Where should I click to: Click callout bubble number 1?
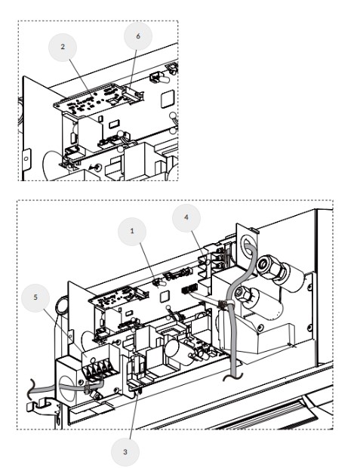coord(132,232)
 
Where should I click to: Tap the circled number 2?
coord(63,48)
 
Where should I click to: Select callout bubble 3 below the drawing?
coord(125,452)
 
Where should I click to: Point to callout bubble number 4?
coord(186,218)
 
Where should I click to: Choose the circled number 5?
coord(35,298)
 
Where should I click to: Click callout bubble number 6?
coord(138,36)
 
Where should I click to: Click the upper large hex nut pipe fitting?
coord(271,266)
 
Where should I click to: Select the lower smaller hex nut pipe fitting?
coord(242,294)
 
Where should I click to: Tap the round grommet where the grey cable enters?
coord(248,245)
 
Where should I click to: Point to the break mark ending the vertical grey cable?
coord(233,377)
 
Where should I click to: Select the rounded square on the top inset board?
coord(167,100)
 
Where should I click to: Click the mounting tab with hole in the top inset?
coord(26,159)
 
